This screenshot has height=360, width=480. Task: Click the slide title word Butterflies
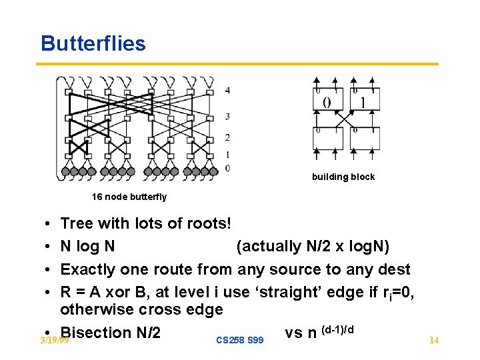(93, 43)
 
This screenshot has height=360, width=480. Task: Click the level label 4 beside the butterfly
(228, 90)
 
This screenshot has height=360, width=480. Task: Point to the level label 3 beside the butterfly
(228, 116)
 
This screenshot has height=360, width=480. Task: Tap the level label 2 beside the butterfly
(228, 137)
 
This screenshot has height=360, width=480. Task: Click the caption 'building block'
(343, 177)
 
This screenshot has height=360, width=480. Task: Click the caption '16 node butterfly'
(129, 197)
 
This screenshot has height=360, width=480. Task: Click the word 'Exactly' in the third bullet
(88, 269)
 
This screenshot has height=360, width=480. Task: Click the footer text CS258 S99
(240, 341)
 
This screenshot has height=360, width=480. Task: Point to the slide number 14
(434, 341)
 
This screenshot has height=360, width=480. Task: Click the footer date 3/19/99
(54, 341)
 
